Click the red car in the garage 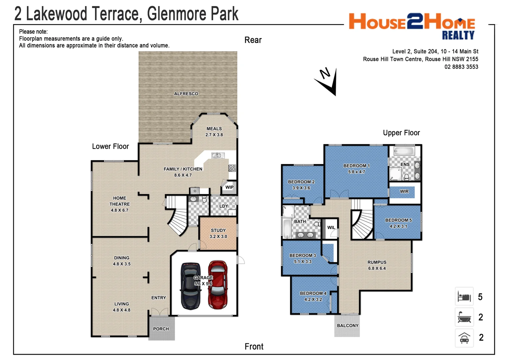(218, 285)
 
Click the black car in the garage (191, 286)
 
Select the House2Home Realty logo (412, 26)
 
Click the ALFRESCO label (186, 94)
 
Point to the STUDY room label (218, 230)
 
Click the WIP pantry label (230, 187)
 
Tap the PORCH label (161, 329)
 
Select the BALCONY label (347, 325)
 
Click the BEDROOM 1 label (356, 166)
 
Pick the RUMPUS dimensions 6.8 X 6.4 (377, 268)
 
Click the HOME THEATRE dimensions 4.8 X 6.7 (120, 210)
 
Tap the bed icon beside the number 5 (464, 296)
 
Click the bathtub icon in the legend (464, 317)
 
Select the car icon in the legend (464, 338)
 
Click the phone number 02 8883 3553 (461, 67)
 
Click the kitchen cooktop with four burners (232, 168)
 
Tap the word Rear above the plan (253, 40)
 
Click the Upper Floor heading (401, 133)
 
